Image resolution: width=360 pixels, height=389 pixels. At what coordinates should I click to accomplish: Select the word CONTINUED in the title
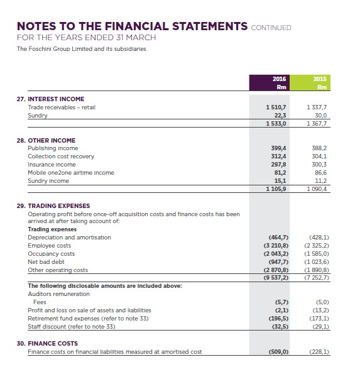[x=271, y=27]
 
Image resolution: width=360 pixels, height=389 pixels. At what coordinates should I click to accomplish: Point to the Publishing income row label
[x=54, y=148]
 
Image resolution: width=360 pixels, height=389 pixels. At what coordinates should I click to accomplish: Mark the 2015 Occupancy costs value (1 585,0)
[x=320, y=254]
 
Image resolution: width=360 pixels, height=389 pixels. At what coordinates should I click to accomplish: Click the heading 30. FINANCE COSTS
[x=48, y=343]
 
